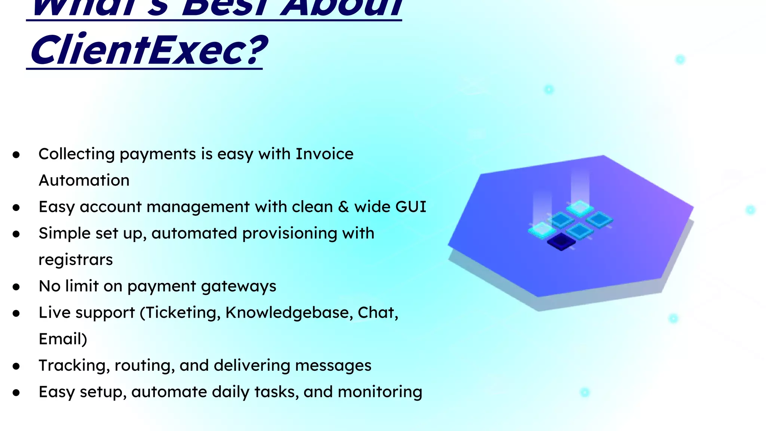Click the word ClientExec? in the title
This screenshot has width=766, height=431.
(x=149, y=50)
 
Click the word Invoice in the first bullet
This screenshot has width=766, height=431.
(x=324, y=154)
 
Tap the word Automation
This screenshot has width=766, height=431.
(x=84, y=180)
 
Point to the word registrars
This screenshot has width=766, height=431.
(x=76, y=260)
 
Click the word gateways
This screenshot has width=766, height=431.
(x=239, y=287)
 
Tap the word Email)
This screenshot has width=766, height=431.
(x=63, y=339)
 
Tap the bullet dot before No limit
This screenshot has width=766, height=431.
(x=16, y=287)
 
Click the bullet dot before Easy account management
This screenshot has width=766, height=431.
(x=16, y=208)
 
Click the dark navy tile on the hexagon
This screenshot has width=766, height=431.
(x=561, y=242)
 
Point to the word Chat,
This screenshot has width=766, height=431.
(x=378, y=312)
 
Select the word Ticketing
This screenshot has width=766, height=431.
(x=182, y=313)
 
